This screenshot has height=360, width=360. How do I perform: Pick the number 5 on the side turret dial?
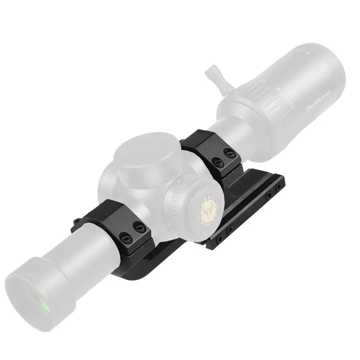(x=166, y=210)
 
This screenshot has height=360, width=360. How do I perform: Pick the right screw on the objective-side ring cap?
(x=137, y=227)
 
